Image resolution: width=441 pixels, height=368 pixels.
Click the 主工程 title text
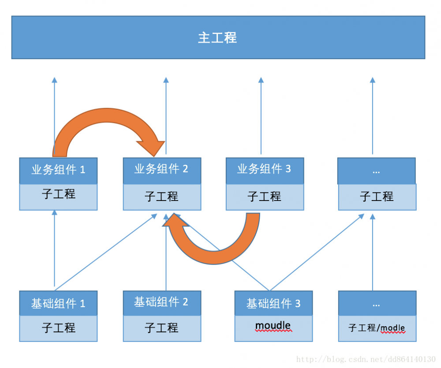pyautogui.click(x=217, y=38)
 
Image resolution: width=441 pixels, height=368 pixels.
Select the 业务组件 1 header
pyautogui.click(x=58, y=170)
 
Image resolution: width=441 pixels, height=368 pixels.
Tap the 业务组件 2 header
pyautogui.click(x=161, y=169)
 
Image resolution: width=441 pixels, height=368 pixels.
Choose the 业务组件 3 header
pyautogui.click(x=264, y=169)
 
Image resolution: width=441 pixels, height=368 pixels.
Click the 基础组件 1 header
pyautogui.click(x=58, y=304)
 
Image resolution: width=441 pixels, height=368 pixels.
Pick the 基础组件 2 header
pyautogui.click(x=161, y=302)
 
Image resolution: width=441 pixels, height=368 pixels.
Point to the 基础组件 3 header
pyautogui.click(x=273, y=304)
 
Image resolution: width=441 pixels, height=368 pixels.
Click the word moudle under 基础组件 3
pyautogui.click(x=273, y=326)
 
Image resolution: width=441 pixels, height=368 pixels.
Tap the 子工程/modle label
pyautogui.click(x=377, y=328)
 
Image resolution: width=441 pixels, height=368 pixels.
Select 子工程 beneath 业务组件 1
pyautogui.click(x=58, y=194)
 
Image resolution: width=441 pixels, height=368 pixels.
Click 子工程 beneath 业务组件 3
pyautogui.click(x=264, y=196)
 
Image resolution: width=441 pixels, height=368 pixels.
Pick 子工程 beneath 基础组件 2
pyautogui.click(x=161, y=327)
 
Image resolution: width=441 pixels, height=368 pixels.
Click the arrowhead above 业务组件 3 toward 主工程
pyautogui.click(x=261, y=80)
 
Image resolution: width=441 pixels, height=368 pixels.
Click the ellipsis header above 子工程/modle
pyautogui.click(x=376, y=304)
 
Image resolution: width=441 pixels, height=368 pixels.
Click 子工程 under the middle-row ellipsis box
pyautogui.click(x=377, y=196)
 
